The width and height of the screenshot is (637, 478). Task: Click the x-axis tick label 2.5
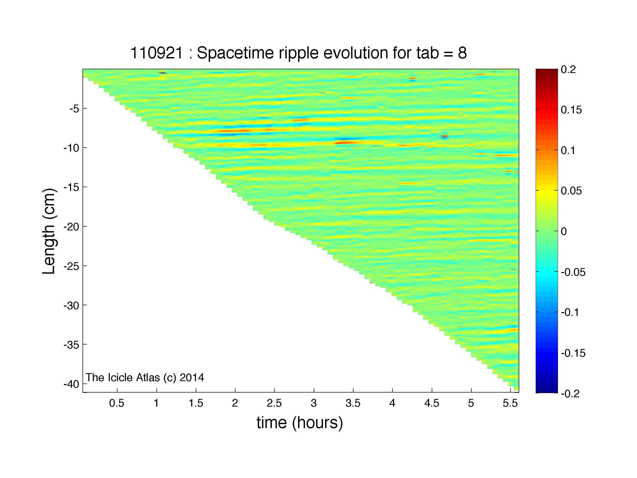click(x=274, y=403)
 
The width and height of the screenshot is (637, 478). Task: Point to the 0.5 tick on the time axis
click(x=117, y=403)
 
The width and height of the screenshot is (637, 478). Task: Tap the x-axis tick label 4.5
click(x=432, y=403)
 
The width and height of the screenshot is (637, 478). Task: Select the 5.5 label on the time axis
click(x=510, y=403)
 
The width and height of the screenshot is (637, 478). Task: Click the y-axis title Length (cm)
click(x=49, y=231)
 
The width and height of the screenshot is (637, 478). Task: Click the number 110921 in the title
click(x=156, y=53)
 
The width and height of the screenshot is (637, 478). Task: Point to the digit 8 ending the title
click(x=462, y=53)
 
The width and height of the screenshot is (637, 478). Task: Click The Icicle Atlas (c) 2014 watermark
click(x=145, y=377)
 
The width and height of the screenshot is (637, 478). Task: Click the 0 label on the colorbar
click(x=564, y=231)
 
